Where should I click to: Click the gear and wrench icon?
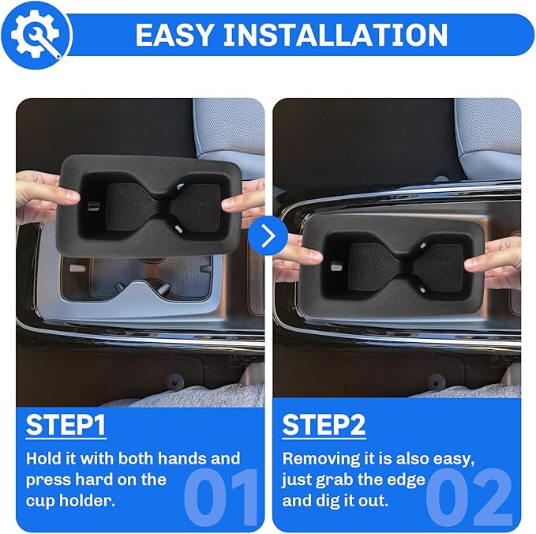click(36, 34)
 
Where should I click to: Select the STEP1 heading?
click(66, 425)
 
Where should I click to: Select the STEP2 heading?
click(324, 425)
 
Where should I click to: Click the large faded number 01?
click(220, 497)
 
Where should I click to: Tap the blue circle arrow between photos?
click(268, 235)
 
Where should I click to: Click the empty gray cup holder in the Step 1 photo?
click(150, 280)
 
